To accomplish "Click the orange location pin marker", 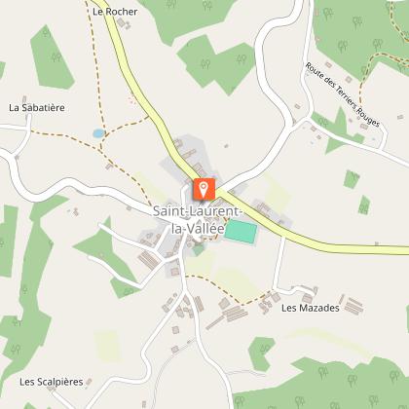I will point(204,188).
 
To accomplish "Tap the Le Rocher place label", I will point(115,12).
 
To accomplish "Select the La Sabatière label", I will point(36,107).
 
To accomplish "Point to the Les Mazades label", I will point(310,308).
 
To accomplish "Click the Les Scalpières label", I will point(51,382).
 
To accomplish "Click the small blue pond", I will point(97,131).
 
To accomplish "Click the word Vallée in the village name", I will point(212,226).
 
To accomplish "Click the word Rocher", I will point(123,12).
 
